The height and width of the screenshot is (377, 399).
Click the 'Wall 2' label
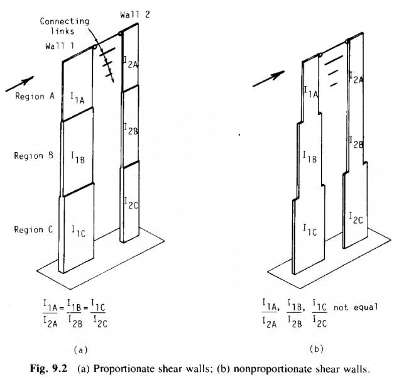coord(135,14)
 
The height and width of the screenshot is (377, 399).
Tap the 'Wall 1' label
coord(60,46)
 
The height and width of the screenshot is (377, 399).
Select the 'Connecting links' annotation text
coord(64,26)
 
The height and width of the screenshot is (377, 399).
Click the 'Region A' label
coord(35,96)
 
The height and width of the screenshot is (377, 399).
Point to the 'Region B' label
coord(34,155)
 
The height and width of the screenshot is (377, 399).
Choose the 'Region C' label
coord(33,229)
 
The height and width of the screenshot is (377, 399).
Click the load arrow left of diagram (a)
coord(19,84)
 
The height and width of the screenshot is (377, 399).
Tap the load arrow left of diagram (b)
coord(268,79)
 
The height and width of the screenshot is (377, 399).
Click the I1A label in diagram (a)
coord(77,98)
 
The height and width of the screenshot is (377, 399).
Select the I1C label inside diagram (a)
coord(79,231)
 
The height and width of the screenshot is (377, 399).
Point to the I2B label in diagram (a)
coord(131,129)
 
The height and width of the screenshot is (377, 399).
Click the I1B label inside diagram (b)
coord(310,156)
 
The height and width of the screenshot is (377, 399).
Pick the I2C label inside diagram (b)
coord(356,218)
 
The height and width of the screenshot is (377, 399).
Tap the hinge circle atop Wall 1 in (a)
coord(94,46)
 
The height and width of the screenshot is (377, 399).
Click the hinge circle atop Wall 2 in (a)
coord(121,33)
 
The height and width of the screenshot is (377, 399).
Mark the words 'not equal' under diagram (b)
coord(356,307)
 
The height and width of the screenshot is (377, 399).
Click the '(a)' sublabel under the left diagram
coord(80,350)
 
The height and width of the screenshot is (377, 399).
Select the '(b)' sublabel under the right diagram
coord(316,349)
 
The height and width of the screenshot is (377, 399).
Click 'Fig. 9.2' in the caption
coord(48,368)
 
